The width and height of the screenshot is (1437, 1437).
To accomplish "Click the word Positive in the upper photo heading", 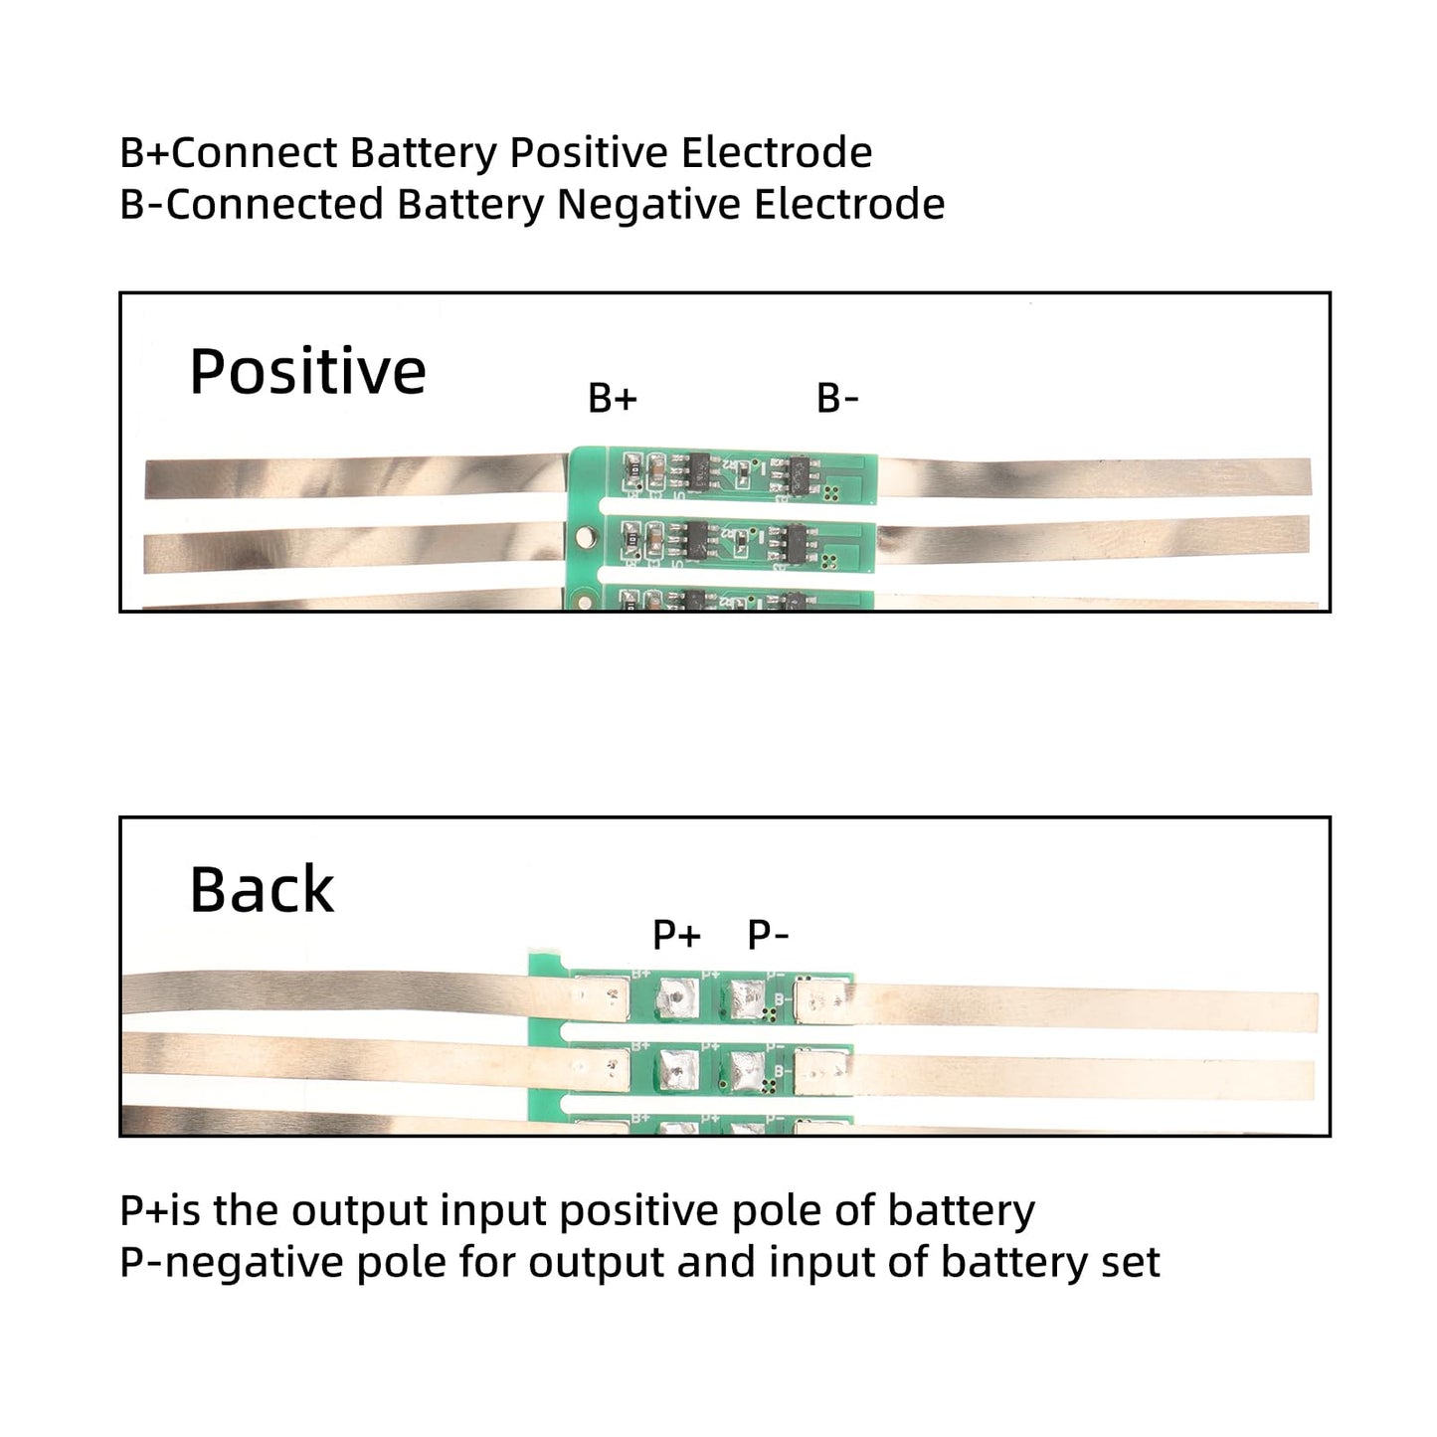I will (x=307, y=372).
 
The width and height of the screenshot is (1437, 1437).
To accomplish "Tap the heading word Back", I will (x=262, y=889).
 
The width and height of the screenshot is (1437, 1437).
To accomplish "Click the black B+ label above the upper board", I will (x=612, y=399).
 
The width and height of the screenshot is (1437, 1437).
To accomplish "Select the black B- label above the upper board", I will (x=837, y=399).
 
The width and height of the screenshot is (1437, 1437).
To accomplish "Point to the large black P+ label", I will (x=676, y=935).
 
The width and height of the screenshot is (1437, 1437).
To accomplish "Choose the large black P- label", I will (x=768, y=935).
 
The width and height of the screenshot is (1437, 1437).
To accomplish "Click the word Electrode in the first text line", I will (x=776, y=153).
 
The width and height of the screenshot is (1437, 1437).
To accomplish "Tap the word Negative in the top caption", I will (x=649, y=205).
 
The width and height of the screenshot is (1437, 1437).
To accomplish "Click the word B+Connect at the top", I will (x=229, y=153).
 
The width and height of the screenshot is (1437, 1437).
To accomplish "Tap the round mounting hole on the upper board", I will (x=586, y=534).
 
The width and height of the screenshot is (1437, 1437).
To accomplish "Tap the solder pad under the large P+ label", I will (x=677, y=996).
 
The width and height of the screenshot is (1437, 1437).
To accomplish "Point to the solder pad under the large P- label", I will (x=747, y=996).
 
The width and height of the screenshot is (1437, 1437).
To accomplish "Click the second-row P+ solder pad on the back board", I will (x=677, y=1070).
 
